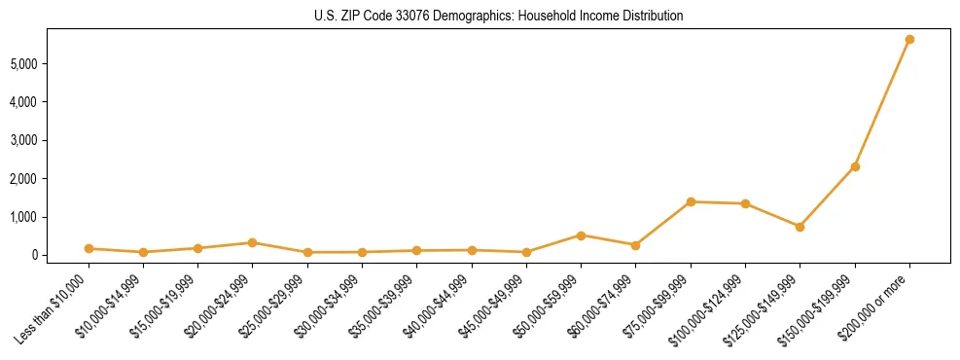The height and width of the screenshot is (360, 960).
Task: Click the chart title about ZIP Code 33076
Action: [x=498, y=16]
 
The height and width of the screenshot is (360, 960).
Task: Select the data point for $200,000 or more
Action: [x=909, y=40]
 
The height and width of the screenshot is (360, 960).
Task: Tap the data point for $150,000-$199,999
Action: [x=855, y=166]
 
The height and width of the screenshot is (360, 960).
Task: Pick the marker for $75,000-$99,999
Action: [x=691, y=201]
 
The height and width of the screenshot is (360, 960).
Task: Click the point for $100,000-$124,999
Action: [x=745, y=203]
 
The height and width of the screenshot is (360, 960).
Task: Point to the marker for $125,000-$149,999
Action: [x=800, y=227]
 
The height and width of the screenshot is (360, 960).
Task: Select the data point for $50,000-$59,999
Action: [x=581, y=235]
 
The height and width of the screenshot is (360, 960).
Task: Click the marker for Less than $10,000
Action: [x=89, y=248]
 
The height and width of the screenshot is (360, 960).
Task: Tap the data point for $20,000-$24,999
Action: [x=252, y=242]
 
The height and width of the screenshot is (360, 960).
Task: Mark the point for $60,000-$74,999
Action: [x=635, y=245]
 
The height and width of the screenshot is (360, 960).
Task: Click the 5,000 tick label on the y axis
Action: [x=33, y=63]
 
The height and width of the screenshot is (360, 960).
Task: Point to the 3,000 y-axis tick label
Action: [x=33, y=140]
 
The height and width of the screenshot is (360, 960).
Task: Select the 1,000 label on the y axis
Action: [x=33, y=217]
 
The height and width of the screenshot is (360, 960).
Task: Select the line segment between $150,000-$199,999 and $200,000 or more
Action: [x=882, y=103]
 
